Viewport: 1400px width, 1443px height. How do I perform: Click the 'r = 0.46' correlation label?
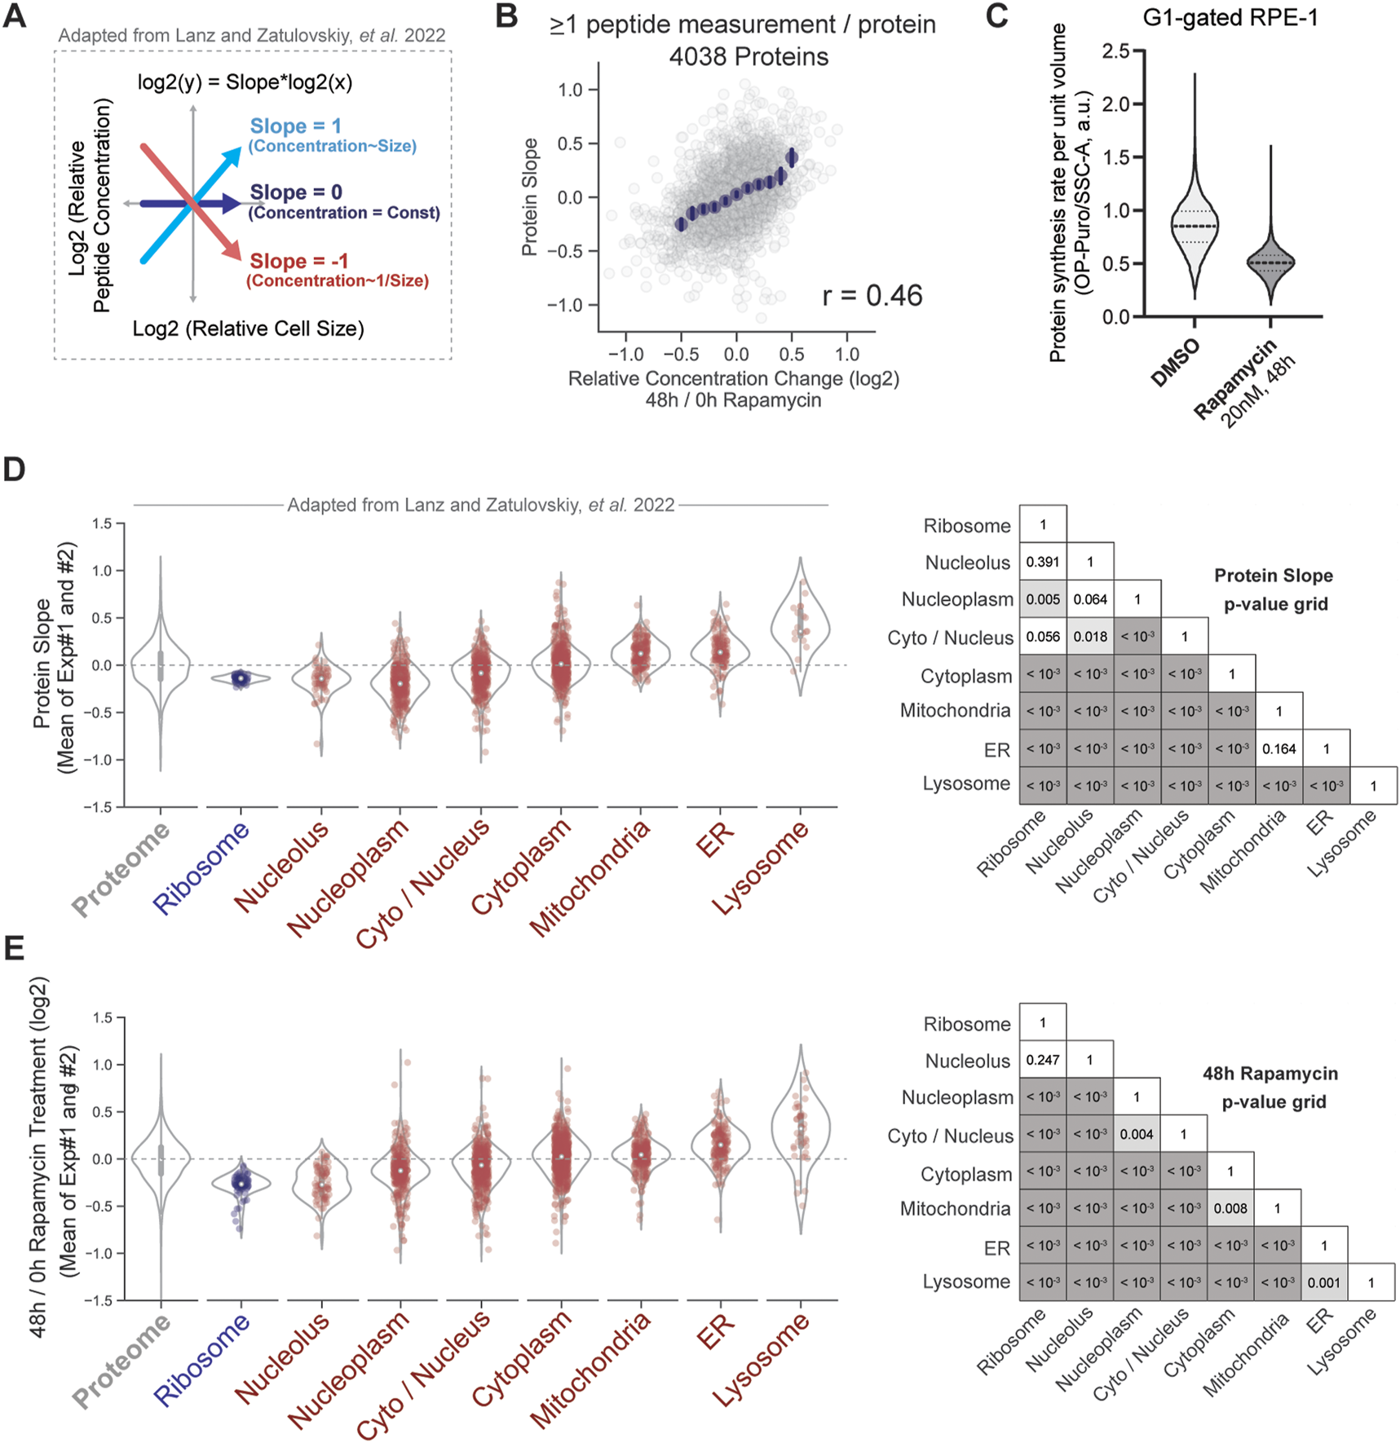[872, 295]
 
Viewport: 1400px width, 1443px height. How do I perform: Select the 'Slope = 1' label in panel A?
[295, 126]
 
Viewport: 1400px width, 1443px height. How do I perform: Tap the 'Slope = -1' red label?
[298, 261]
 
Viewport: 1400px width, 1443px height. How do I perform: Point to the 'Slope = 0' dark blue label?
[295, 192]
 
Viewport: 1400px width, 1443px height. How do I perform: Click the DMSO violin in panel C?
[1195, 228]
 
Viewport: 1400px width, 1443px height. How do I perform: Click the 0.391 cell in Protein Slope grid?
[1043, 562]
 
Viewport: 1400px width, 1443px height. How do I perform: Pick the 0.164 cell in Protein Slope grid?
[1279, 748]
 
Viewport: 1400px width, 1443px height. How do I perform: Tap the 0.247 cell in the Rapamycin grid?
[1043, 1060]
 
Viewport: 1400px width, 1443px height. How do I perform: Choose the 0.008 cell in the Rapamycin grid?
[1230, 1208]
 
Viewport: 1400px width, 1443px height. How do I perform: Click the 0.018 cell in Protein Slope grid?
[1090, 637]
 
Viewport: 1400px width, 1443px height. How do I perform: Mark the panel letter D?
[15, 470]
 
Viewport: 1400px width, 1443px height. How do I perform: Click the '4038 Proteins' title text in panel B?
[748, 57]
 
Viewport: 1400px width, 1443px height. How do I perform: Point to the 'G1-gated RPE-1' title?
[1230, 17]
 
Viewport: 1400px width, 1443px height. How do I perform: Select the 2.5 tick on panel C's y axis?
[1115, 51]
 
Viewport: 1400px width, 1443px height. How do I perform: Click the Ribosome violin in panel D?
[241, 678]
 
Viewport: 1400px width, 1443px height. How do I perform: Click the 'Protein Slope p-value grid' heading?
[1274, 589]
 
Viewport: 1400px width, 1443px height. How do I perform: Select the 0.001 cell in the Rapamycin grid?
[1324, 1282]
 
